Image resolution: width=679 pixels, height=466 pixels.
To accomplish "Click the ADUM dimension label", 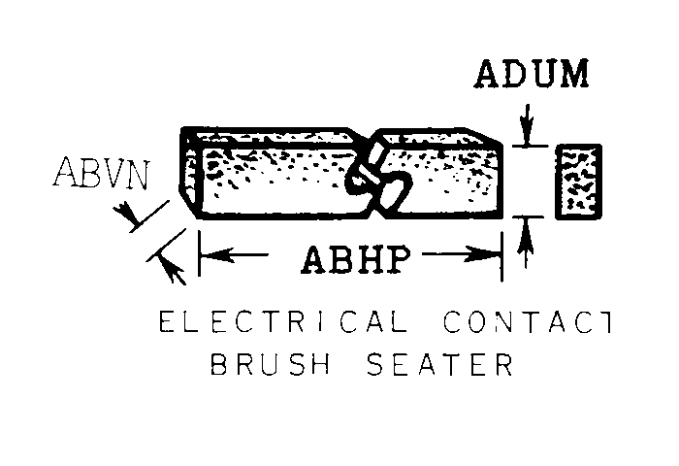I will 532,75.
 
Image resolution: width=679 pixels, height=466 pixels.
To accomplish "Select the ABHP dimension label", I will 353,259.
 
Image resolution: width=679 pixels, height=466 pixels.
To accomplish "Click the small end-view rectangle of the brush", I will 578,182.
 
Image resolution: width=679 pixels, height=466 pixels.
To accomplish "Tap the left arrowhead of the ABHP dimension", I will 209,256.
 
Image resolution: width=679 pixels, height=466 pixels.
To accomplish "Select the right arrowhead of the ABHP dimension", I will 492,256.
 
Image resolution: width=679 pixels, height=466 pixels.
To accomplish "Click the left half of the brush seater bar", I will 272,180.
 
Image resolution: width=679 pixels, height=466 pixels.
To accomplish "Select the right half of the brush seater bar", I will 451,180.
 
